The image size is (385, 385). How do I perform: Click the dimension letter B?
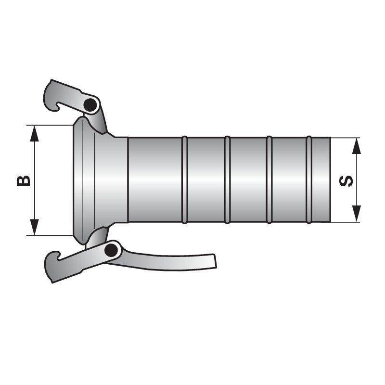pyautogui.click(x=24, y=180)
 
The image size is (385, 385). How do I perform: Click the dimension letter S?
pyautogui.click(x=346, y=181)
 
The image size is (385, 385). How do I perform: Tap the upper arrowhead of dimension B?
pyautogui.click(x=34, y=134)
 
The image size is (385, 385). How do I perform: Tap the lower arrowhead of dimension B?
pyautogui.click(x=34, y=227)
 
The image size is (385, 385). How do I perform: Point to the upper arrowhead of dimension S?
pyautogui.click(x=357, y=146)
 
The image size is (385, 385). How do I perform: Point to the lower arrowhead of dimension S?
pyautogui.click(x=357, y=214)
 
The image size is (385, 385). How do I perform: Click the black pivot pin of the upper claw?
pyautogui.click(x=90, y=105)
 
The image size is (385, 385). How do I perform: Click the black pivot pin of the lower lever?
pyautogui.click(x=111, y=251)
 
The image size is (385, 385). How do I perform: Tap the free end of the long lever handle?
pyautogui.click(x=215, y=261)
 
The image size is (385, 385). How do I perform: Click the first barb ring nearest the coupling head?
pyautogui.click(x=185, y=180)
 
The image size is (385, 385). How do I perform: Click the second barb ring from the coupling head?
pyautogui.click(x=227, y=180)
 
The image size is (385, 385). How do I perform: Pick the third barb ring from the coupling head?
pyautogui.click(x=269, y=180)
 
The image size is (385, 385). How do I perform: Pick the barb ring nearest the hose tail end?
pyautogui.click(x=309, y=180)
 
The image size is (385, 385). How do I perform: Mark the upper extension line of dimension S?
pyautogui.click(x=346, y=138)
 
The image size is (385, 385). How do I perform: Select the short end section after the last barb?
pyautogui.click(x=321, y=180)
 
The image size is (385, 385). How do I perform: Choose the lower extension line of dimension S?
pyautogui.click(x=346, y=222)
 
